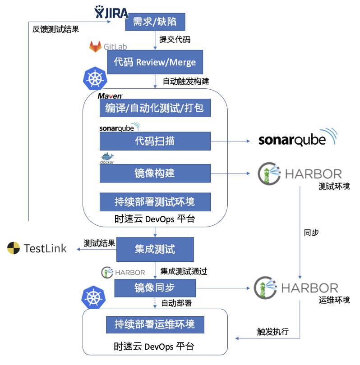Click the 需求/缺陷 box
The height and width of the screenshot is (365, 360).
(155, 21)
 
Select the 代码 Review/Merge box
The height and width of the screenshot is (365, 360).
(155, 62)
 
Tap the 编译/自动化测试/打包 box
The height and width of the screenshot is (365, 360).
(155, 108)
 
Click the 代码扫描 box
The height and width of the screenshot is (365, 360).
(155, 141)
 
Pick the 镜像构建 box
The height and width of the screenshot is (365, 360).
(155, 173)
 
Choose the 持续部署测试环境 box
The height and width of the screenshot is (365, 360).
(155, 202)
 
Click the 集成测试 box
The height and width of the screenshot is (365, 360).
(155, 250)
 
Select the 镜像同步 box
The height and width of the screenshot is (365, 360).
(155, 288)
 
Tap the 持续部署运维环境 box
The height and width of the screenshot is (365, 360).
(155, 324)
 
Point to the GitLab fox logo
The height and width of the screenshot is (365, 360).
(96, 46)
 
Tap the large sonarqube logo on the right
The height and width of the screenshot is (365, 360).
(298, 138)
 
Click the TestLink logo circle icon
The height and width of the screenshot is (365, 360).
(14, 248)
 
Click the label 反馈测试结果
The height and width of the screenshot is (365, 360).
(55, 29)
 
